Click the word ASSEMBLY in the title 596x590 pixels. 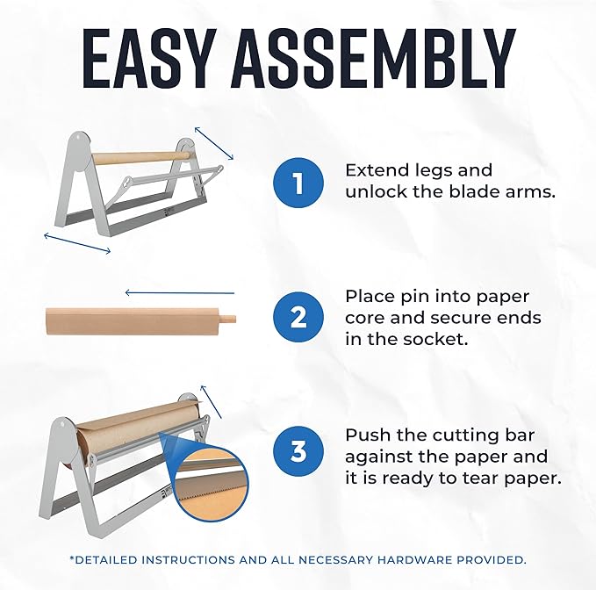pyautogui.click(x=378, y=60)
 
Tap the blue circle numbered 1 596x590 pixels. pyautogui.click(x=298, y=182)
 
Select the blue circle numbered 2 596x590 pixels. pyautogui.click(x=298, y=316)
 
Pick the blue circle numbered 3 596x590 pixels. pyautogui.click(x=298, y=451)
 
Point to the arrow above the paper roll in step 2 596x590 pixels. pyautogui.click(x=180, y=292)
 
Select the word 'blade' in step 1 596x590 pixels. pyautogui.click(x=469, y=191)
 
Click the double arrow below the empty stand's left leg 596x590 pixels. pyautogui.click(x=78, y=243)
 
